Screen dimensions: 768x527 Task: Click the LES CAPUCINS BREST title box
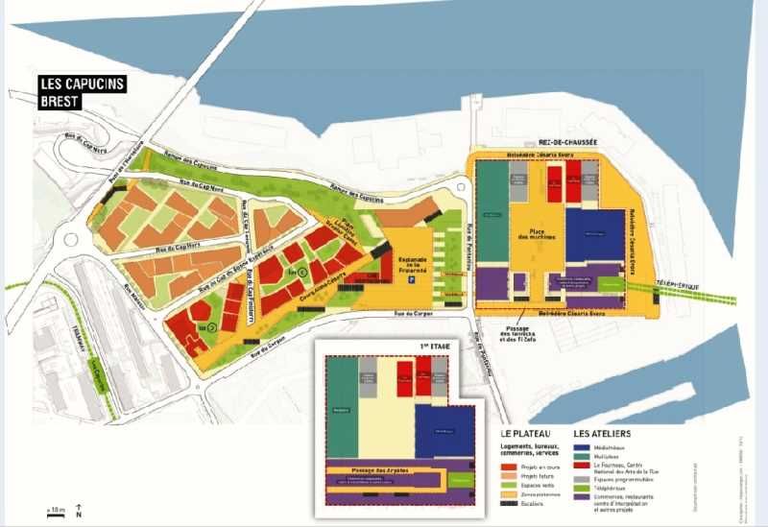click(x=82, y=92)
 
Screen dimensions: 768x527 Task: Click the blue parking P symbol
click(x=412, y=283)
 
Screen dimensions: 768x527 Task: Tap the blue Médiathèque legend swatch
click(x=579, y=446)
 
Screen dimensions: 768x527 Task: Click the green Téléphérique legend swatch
click(x=579, y=487)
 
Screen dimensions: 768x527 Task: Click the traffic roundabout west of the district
click(x=69, y=240)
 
